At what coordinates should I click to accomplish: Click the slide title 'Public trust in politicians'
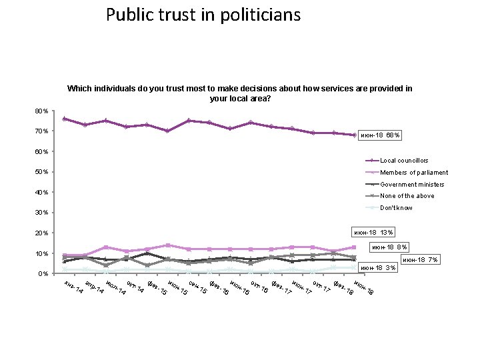click(203, 15)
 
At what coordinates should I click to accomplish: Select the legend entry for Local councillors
click(404, 161)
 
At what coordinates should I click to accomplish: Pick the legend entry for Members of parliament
click(413, 173)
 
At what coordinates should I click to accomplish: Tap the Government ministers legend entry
click(412, 184)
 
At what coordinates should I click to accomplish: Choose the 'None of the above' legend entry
click(406, 196)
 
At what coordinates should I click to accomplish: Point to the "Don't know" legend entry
click(396, 208)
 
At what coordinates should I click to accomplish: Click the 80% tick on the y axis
click(41, 111)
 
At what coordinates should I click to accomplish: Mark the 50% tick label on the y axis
click(41, 172)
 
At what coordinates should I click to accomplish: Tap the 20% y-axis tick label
click(41, 233)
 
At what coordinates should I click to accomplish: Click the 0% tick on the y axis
click(43, 274)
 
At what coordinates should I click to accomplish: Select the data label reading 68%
click(380, 135)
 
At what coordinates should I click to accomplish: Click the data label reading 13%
click(373, 233)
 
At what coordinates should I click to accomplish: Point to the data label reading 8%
click(390, 247)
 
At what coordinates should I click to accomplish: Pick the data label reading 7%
click(419, 259)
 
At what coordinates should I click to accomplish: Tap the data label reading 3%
click(379, 268)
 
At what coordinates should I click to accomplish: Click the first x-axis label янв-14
click(73, 287)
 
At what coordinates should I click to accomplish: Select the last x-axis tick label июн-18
click(363, 288)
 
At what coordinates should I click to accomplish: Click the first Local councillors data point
click(64, 119)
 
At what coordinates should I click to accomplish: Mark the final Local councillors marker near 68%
click(354, 135)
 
